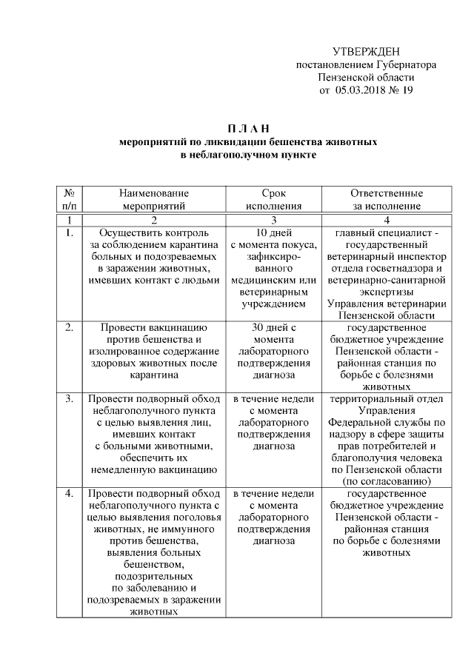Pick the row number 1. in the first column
69,233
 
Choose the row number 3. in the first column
69,400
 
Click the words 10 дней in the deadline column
273,233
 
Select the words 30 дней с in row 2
273,327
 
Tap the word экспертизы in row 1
386,292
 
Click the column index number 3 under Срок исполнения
273,220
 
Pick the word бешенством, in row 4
153,565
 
